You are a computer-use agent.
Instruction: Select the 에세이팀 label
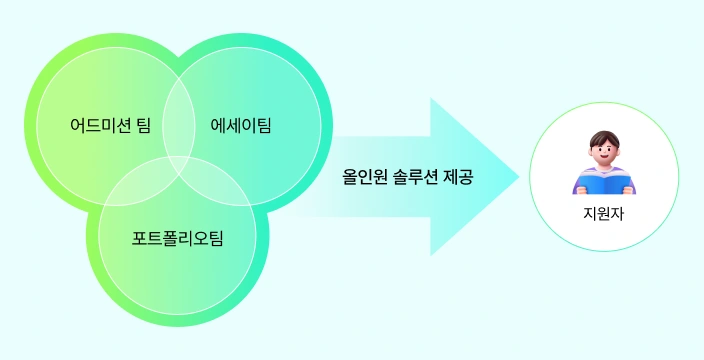coord(241,126)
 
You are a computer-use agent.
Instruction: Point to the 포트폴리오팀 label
coord(177,239)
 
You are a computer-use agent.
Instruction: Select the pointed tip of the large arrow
coord(517,177)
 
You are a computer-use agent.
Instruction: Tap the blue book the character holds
coord(603,184)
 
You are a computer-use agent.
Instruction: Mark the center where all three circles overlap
coord(179,160)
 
